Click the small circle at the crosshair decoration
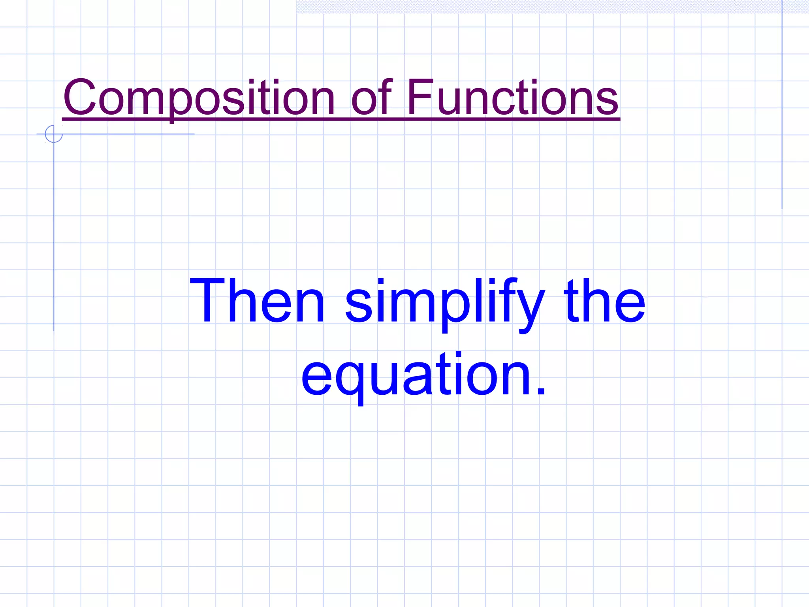click(x=54, y=134)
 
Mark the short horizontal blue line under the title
click(x=126, y=134)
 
